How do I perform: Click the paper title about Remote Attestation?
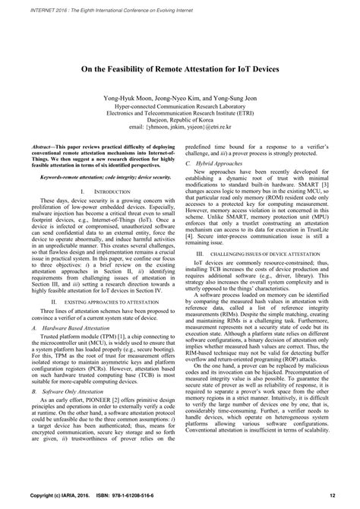180,68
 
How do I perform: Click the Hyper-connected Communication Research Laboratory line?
180,107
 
